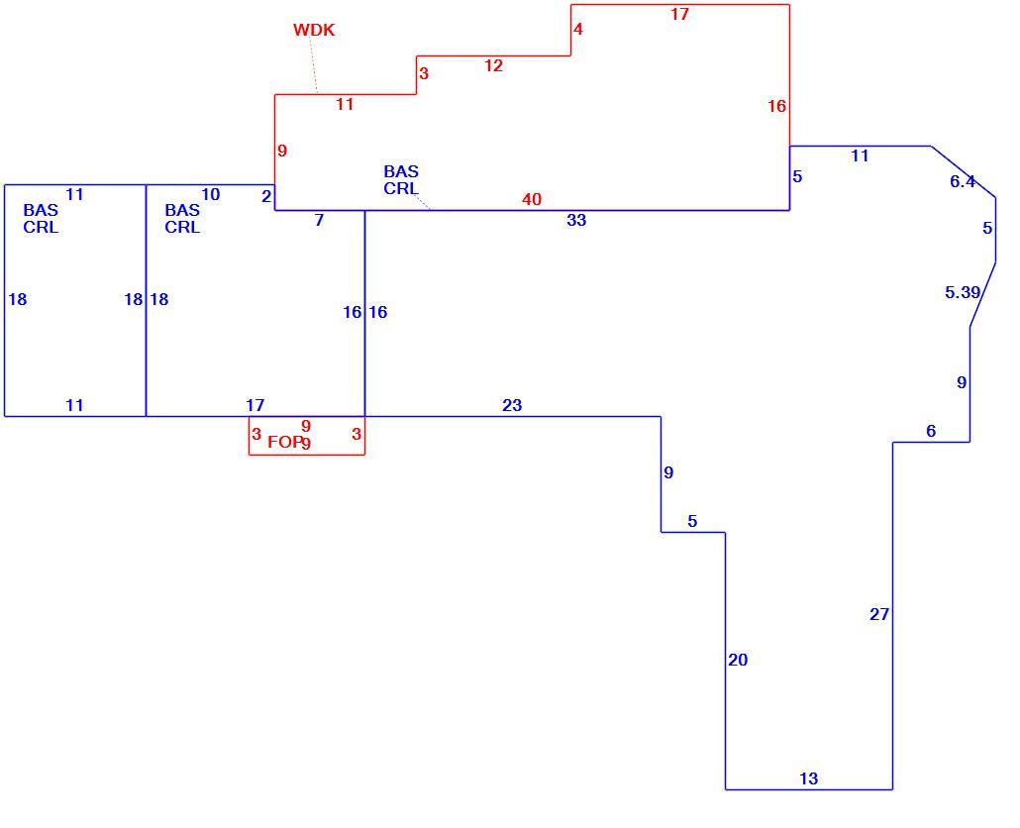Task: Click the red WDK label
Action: tap(314, 30)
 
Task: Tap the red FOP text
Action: tap(285, 443)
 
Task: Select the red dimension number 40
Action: tap(532, 200)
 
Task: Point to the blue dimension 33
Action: tap(576, 221)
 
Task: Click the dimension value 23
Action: tap(512, 406)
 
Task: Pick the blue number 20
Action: tap(738, 661)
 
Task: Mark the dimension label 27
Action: tap(879, 615)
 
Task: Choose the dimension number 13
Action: tap(809, 779)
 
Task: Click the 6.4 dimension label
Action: tap(963, 182)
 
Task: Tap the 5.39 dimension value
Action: tap(963, 293)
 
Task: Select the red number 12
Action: tap(494, 65)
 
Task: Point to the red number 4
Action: tap(578, 30)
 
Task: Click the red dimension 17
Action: tap(679, 14)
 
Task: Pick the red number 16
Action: tap(776, 107)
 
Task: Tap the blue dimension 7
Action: tap(319, 221)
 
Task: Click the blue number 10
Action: tap(211, 194)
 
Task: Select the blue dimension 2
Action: tap(266, 196)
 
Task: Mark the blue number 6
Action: tap(931, 431)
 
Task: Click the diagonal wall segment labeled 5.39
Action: tap(983, 294)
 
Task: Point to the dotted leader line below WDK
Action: tap(314, 65)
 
